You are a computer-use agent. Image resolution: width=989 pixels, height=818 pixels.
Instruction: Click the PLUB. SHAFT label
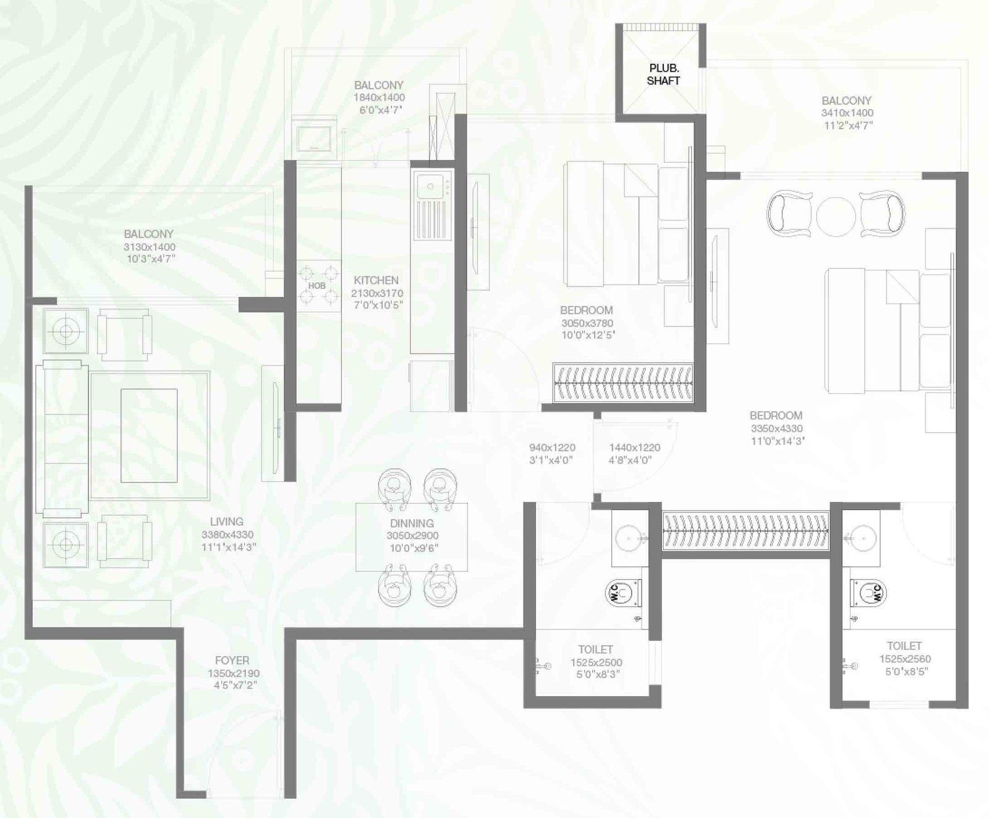(664, 74)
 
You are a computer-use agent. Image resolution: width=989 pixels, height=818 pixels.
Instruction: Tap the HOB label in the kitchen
(317, 286)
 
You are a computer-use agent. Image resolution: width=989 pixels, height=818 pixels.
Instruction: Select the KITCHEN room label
(376, 280)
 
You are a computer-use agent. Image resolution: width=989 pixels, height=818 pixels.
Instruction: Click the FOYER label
(232, 660)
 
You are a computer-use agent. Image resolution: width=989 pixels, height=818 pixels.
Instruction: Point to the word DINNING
(412, 523)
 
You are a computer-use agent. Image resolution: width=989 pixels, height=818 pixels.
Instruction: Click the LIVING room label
(226, 522)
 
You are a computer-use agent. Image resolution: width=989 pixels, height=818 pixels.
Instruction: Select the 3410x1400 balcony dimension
(847, 113)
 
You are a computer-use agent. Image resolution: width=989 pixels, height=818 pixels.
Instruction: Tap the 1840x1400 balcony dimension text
(379, 98)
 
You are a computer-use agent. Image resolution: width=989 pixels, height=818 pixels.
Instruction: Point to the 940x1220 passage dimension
(552, 448)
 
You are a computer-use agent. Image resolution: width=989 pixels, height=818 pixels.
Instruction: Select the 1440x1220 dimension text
(634, 448)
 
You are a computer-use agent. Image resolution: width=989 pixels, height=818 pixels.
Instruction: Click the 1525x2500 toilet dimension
(596, 662)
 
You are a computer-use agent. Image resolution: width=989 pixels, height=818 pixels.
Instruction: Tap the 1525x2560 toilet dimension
(904, 659)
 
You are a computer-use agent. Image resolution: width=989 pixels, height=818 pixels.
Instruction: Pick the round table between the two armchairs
(836, 216)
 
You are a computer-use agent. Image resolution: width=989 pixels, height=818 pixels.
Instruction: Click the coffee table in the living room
(149, 435)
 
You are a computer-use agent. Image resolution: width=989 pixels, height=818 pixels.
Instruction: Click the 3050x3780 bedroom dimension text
(587, 323)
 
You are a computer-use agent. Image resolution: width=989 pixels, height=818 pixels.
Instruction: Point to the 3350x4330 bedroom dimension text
(776, 428)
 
